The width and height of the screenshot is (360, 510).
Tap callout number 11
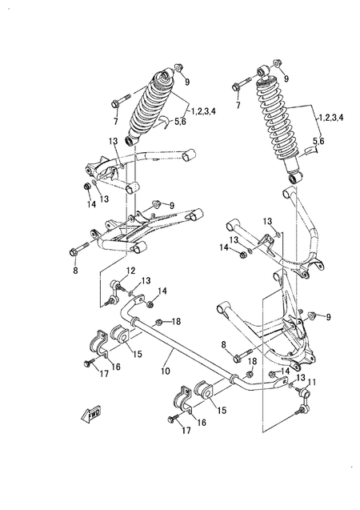(313, 382)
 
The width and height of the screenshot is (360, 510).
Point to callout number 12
(130, 271)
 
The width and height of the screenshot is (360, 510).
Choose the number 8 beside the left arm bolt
(76, 271)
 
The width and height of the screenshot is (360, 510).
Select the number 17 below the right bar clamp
(186, 431)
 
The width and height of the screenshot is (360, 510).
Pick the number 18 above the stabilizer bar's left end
(176, 321)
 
